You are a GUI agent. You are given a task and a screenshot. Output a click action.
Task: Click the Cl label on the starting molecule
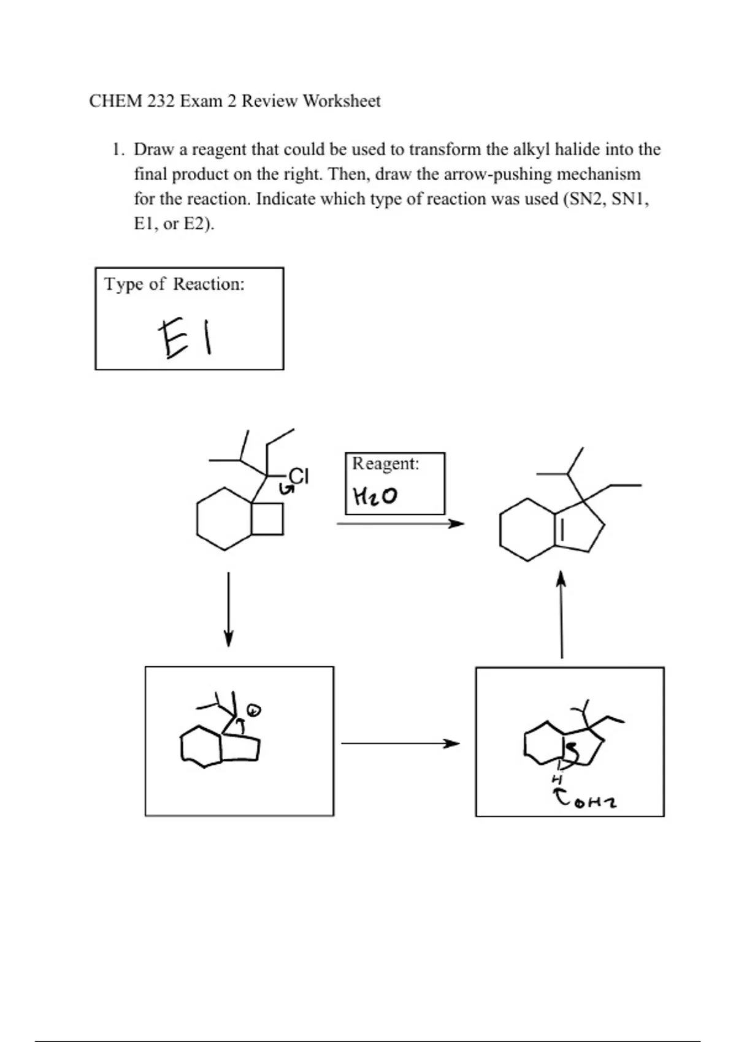coord(299,476)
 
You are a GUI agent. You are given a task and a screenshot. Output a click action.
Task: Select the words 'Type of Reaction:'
coord(174,284)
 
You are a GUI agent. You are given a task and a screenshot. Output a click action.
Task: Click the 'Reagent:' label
coord(385,463)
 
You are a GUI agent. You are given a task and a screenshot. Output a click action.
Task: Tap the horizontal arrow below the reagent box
coord(400,524)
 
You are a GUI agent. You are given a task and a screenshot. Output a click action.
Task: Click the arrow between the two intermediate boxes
coord(400,743)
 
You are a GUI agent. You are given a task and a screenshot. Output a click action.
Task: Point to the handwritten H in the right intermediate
coord(557,779)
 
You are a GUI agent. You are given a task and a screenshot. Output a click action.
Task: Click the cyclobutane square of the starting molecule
coord(268,519)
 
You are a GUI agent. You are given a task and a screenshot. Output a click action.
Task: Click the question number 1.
coord(118,150)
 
